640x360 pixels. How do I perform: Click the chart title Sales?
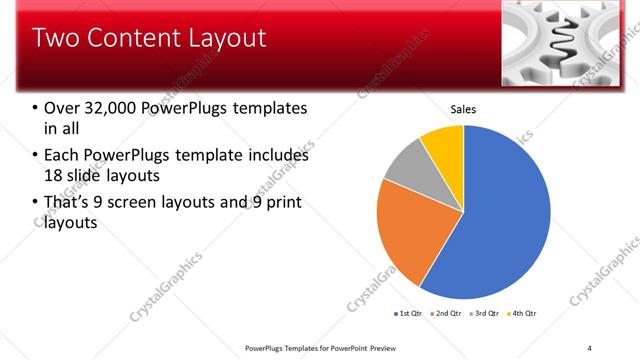tap(463, 109)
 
